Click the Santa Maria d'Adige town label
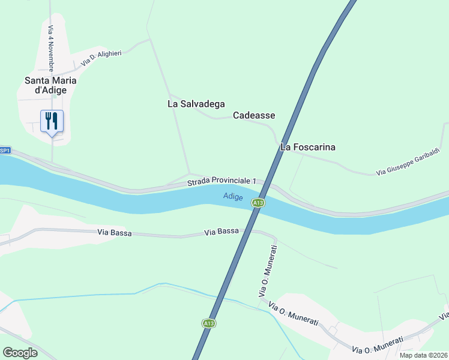(50, 85)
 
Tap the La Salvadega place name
(196, 104)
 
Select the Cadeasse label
(254, 115)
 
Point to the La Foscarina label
(308, 147)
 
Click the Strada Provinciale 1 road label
(221, 181)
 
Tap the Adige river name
(233, 196)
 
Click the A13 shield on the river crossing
(258, 203)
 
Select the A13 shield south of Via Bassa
(208, 323)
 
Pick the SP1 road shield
(5, 151)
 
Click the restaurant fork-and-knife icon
(51, 121)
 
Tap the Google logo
(20, 353)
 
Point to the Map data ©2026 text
(424, 355)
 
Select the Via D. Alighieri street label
(101, 58)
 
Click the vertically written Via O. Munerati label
(267, 271)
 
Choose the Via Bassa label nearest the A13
(221, 232)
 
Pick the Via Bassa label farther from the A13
(114, 232)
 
